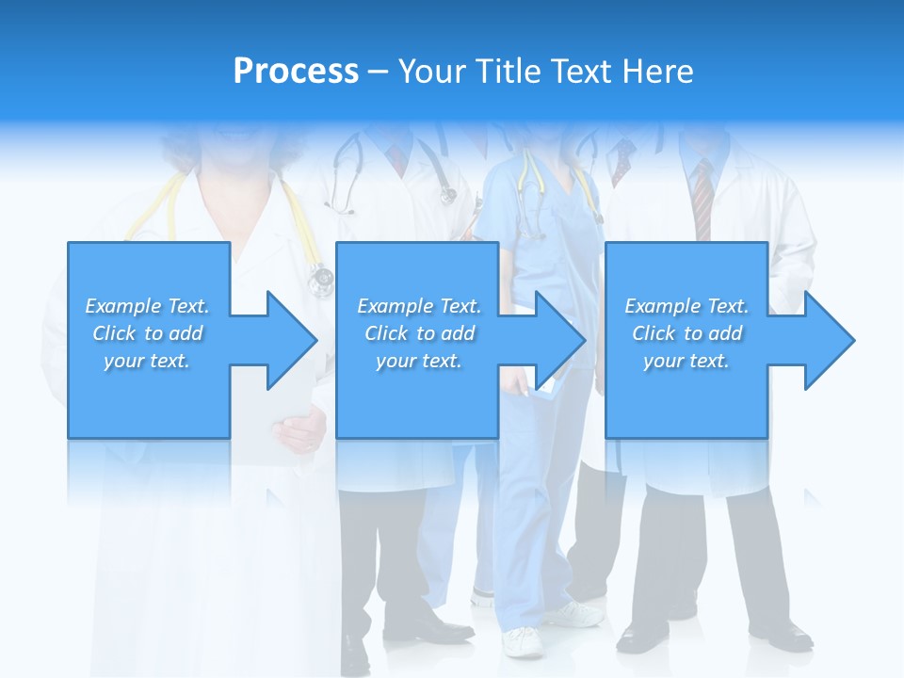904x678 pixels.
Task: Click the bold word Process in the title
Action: coord(296,72)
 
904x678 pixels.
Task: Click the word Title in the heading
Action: coord(507,72)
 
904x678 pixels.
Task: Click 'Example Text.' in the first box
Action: coord(147,306)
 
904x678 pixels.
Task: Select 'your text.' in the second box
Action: coord(418,361)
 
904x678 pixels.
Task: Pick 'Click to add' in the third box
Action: coord(686,333)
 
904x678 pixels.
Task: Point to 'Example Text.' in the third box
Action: coord(686,306)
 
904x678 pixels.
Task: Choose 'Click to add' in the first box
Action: coord(147,333)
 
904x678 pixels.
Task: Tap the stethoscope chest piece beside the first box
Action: coord(321,279)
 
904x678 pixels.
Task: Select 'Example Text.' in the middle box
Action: coord(418,306)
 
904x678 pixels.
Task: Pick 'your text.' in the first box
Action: coord(147,361)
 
